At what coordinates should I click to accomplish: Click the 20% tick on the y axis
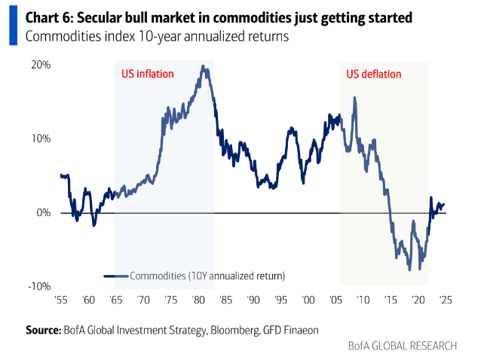41,65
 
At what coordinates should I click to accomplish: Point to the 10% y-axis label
41,139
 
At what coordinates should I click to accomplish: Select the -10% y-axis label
39,286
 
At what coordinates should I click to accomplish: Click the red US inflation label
148,74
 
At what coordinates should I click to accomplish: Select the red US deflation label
374,74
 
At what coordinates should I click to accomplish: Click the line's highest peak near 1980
203,66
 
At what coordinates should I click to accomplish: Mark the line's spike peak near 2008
354,97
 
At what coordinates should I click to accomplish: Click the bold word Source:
42,330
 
